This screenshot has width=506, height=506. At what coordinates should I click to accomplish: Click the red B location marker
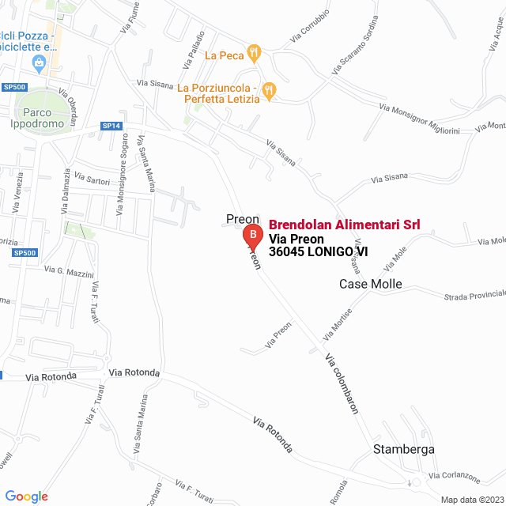pyautogui.click(x=251, y=236)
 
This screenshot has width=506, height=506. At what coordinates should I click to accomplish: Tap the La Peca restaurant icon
pyautogui.click(x=254, y=54)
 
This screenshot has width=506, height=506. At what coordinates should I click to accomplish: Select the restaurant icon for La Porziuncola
pyautogui.click(x=270, y=91)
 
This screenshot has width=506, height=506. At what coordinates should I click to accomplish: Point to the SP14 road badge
pyautogui.click(x=111, y=126)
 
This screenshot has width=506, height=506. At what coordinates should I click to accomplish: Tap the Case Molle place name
pyautogui.click(x=371, y=284)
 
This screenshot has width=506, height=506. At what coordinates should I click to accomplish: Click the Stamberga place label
pyautogui.click(x=403, y=450)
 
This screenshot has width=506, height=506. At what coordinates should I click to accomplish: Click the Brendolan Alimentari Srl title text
pyautogui.click(x=344, y=225)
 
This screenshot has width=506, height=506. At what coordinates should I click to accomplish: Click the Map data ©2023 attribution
pyautogui.click(x=471, y=500)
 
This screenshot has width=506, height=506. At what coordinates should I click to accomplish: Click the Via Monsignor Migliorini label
pyautogui.click(x=425, y=119)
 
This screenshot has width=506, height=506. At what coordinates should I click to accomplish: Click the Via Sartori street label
pyautogui.click(x=93, y=182)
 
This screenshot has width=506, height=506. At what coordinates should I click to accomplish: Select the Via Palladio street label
pyautogui.click(x=194, y=49)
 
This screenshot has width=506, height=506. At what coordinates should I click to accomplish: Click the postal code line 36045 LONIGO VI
pyautogui.click(x=318, y=252)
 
